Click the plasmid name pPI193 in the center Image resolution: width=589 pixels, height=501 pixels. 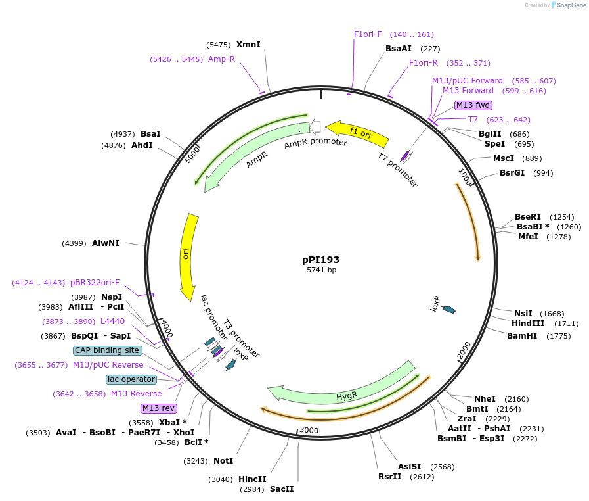click(320, 260)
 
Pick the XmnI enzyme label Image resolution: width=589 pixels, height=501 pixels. click(248, 45)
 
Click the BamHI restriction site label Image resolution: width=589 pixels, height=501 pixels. click(522, 335)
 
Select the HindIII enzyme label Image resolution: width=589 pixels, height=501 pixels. click(528, 323)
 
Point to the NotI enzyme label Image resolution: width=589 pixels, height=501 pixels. click(223, 461)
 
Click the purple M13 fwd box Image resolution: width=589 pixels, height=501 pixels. click(473, 105)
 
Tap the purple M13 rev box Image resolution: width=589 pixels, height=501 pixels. click(159, 408)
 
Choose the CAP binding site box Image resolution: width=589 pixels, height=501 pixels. click(107, 350)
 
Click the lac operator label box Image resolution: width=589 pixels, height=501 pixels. click(131, 379)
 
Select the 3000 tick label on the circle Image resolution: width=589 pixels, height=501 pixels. click(309, 430)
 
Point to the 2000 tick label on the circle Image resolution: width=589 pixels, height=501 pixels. click(464, 351)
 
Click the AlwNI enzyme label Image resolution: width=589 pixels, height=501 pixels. click(106, 243)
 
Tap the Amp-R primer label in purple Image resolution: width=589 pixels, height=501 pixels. click(221, 59)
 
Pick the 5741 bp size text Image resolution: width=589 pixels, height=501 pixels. click(321, 270)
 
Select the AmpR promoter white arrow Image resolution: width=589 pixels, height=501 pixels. click(314, 126)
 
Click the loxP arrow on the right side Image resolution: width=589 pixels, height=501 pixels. click(449, 308)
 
